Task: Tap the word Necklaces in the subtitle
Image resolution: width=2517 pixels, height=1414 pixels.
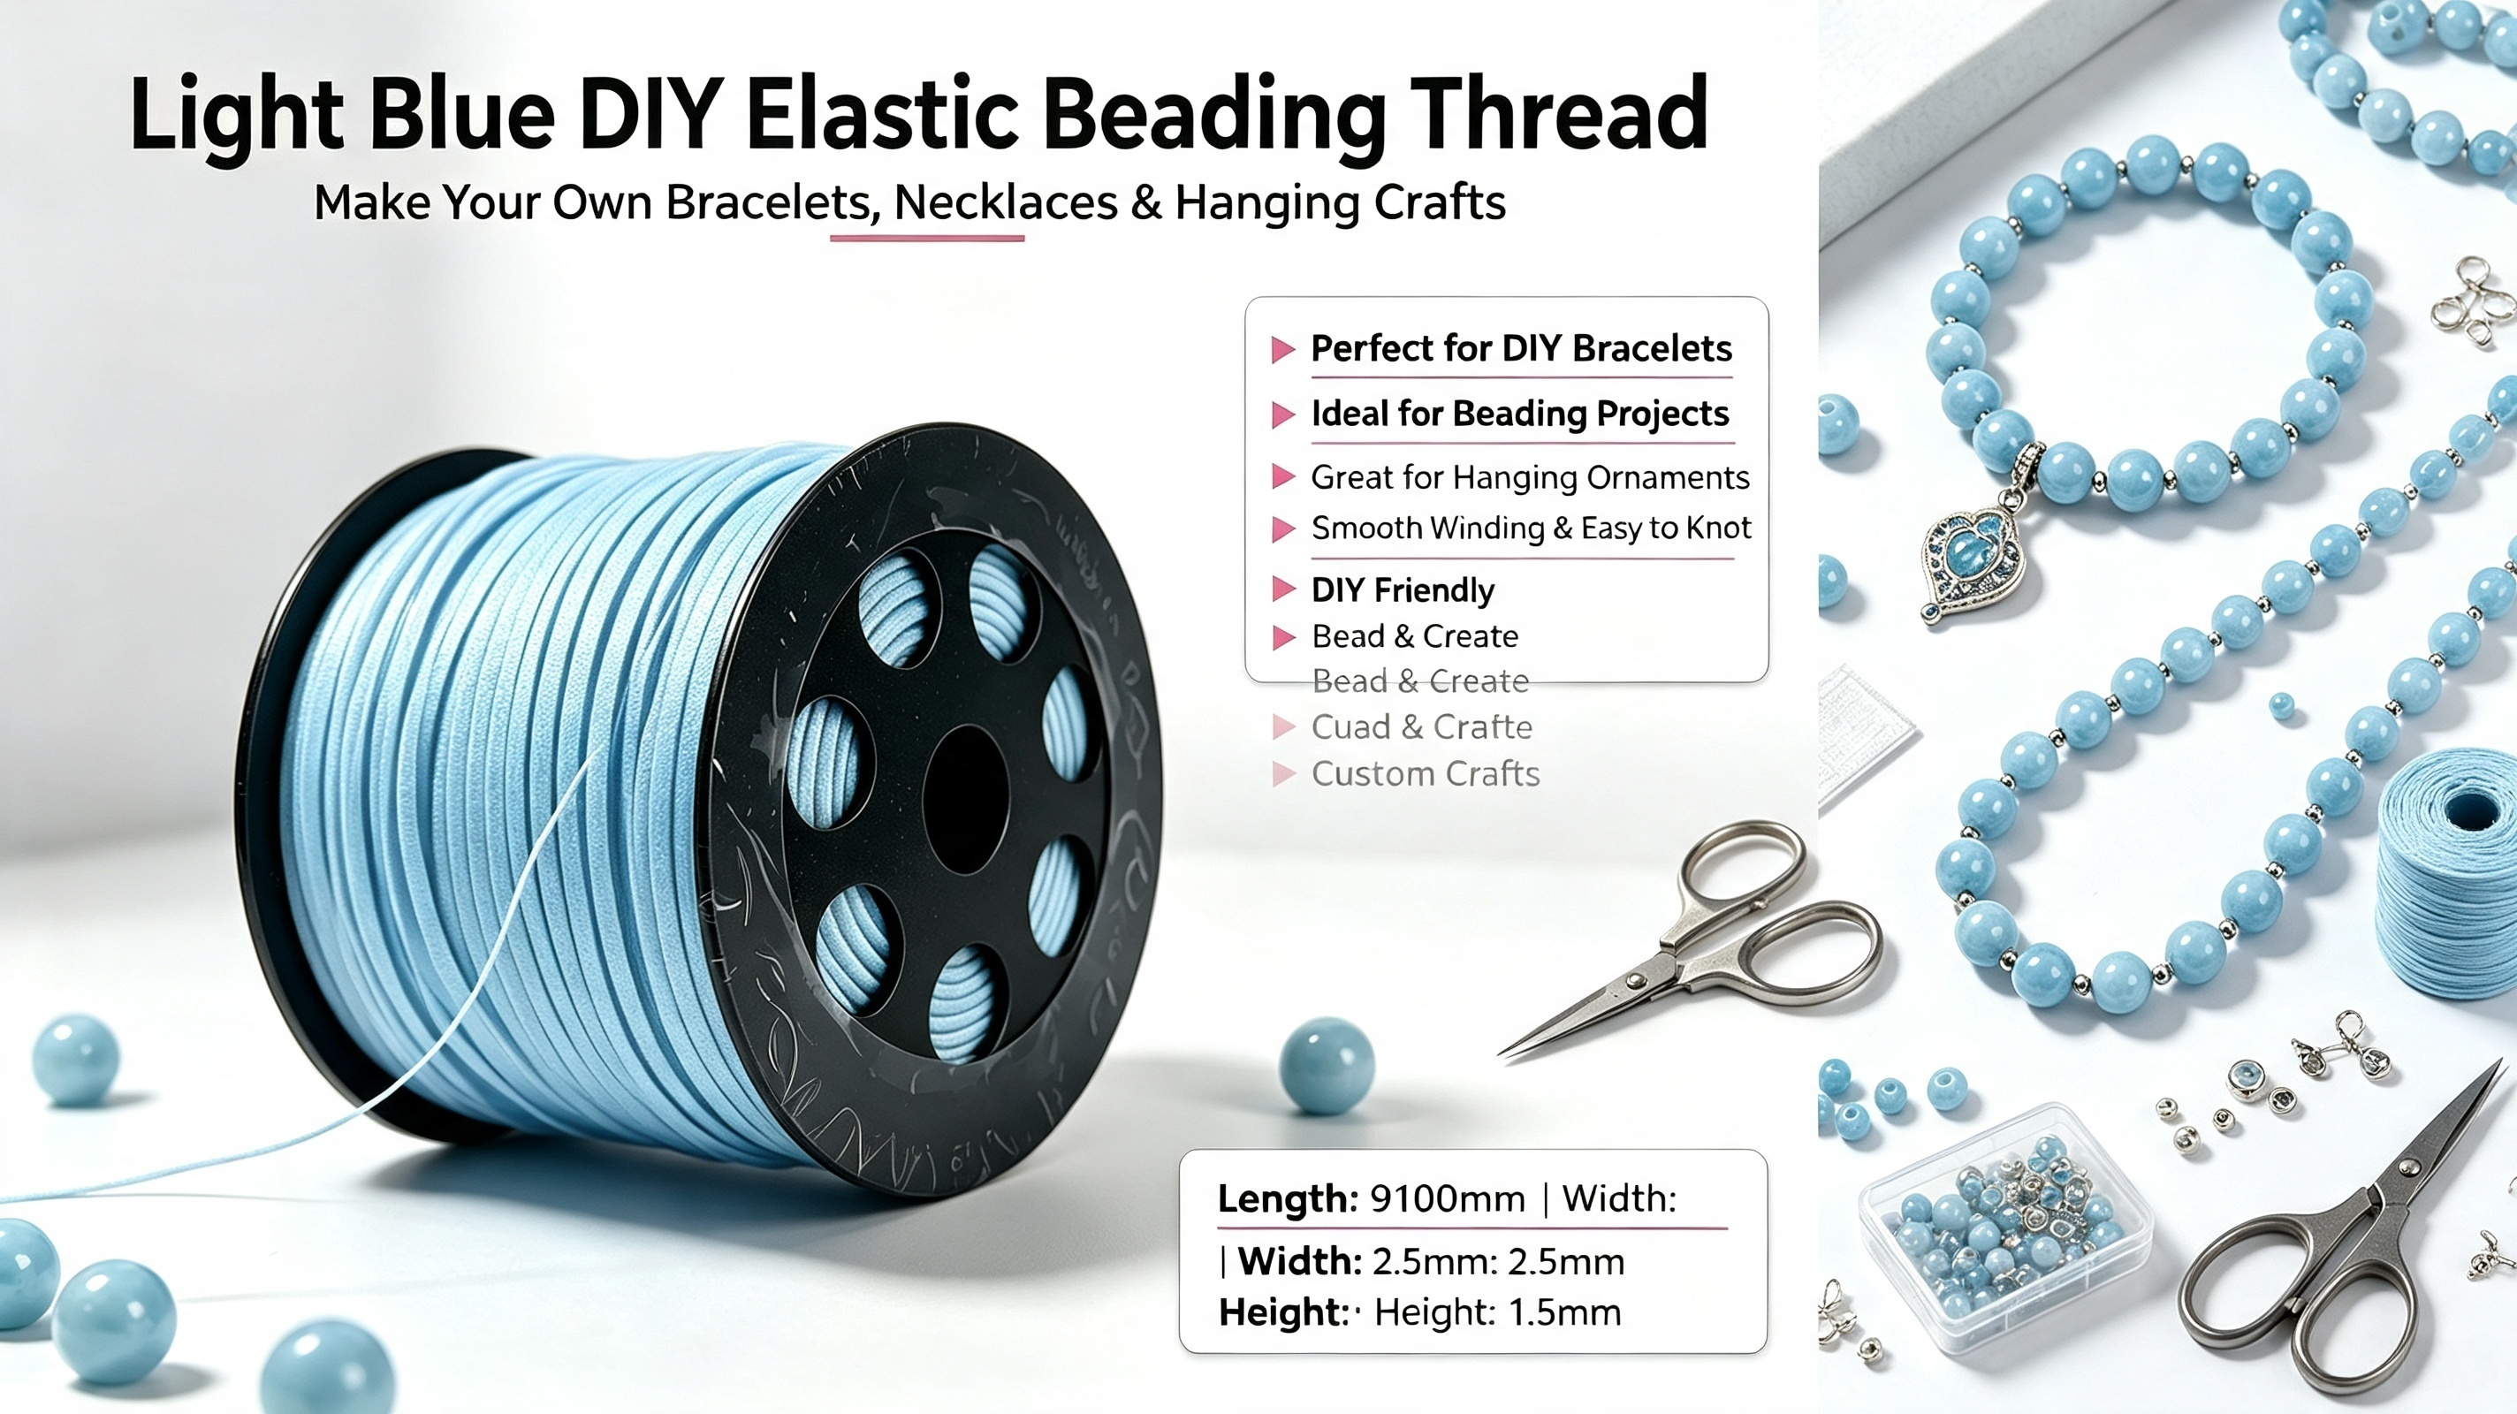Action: [x=1007, y=202]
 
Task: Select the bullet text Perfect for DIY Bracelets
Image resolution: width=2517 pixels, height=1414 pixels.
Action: [x=1521, y=349]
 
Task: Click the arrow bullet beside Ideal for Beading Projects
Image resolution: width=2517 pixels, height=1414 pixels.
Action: [x=1283, y=415]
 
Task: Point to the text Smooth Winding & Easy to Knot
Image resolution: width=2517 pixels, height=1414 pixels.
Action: [x=1531, y=528]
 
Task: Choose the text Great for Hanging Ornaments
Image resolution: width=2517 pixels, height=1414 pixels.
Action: [x=1530, y=477]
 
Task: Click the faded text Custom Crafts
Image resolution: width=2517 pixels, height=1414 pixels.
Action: [x=1426, y=774]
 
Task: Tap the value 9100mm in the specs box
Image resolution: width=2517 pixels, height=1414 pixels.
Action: [x=1448, y=1198]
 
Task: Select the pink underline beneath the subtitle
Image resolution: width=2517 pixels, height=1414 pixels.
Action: [x=927, y=238]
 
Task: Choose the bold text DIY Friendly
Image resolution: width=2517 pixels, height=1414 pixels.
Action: [x=1403, y=590]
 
